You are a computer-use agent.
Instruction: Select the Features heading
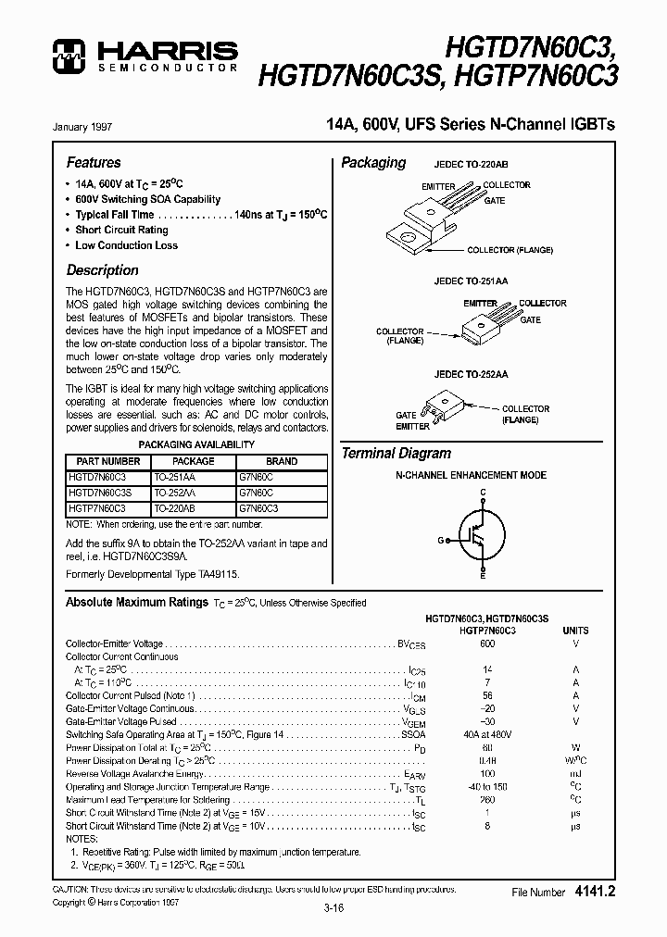pos(94,162)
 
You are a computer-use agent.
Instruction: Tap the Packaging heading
pos(373,163)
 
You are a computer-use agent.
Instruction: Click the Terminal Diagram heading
pos(396,454)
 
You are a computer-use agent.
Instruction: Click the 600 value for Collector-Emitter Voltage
pos(487,643)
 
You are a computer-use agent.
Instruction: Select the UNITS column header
pos(575,631)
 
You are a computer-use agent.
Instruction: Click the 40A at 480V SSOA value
pos(487,734)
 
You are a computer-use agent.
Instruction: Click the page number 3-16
pos(333,908)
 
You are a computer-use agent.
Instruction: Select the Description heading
pos(102,270)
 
